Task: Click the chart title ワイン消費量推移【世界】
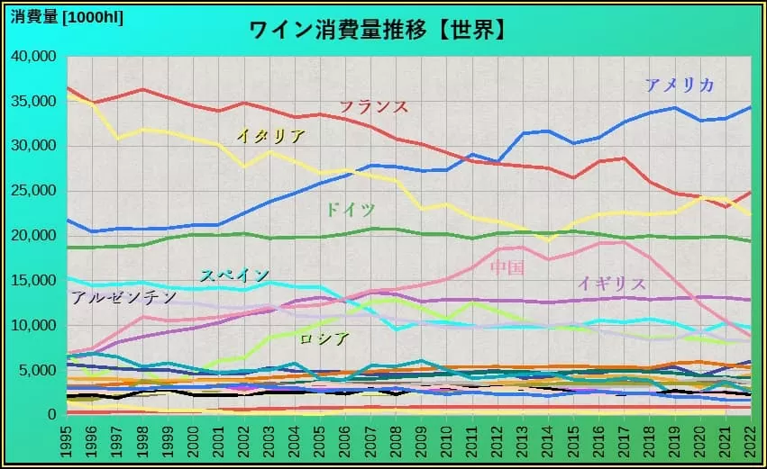coord(376,30)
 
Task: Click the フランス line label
coord(373,106)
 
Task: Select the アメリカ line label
coord(680,86)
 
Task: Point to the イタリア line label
coord(270,137)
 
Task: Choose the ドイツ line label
coord(350,210)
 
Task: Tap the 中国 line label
coord(507,267)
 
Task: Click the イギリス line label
coord(612,284)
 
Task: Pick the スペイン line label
coord(234,275)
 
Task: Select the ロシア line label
coord(324,338)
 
